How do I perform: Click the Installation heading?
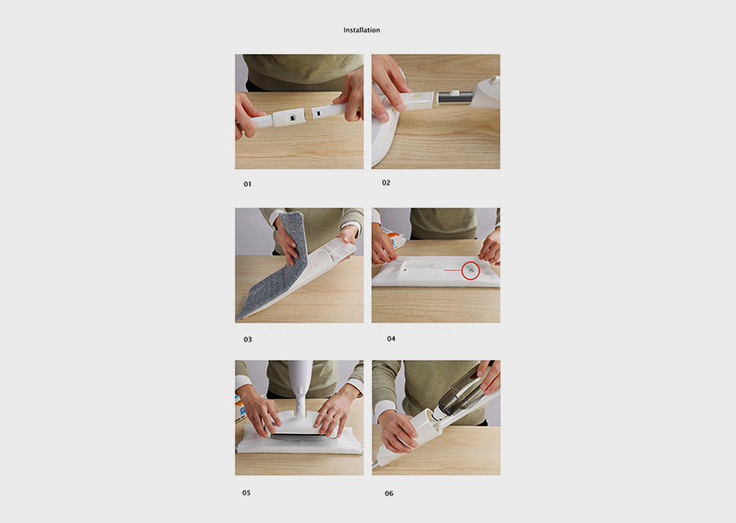click(361, 31)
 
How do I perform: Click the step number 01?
click(247, 184)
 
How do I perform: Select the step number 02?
click(386, 183)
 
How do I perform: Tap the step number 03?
click(247, 339)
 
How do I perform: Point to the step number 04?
click(391, 339)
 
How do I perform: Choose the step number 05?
click(246, 492)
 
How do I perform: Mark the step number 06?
click(389, 493)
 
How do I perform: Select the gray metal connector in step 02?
click(455, 98)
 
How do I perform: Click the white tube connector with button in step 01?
click(288, 118)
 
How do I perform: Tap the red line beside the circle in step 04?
click(453, 270)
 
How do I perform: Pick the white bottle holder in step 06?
click(420, 430)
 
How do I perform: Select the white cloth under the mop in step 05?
click(300, 444)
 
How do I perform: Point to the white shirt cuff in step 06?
click(383, 409)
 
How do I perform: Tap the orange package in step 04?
click(391, 236)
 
